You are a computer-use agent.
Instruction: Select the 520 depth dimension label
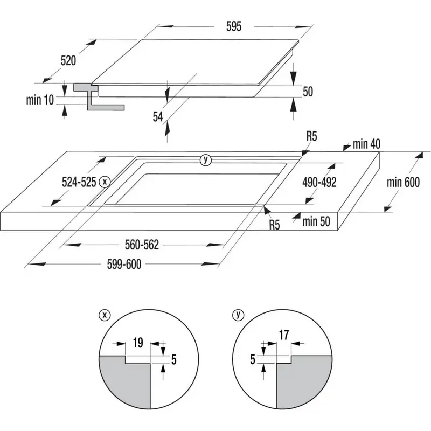[68, 61]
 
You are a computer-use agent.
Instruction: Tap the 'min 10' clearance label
[40, 100]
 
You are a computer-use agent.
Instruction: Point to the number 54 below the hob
[158, 116]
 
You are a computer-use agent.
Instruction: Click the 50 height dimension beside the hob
[308, 92]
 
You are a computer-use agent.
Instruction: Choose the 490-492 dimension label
[319, 183]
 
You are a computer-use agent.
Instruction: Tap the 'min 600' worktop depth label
[402, 183]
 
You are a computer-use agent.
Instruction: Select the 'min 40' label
[367, 144]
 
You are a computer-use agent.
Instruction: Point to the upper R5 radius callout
[311, 137]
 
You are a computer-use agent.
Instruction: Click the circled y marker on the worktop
[205, 159]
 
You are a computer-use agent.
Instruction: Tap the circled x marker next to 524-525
[105, 182]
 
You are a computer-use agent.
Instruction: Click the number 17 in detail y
[284, 335]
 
